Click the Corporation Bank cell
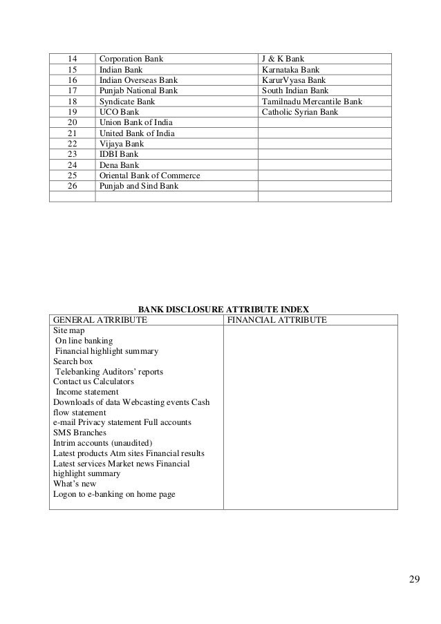pyautogui.click(x=132, y=59)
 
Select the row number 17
pyautogui.click(x=72, y=91)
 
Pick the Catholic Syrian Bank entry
pyautogui.click(x=300, y=112)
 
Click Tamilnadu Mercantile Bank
pyautogui.click(x=312, y=102)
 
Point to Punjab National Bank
pyautogui.click(x=139, y=91)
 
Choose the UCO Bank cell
pyautogui.click(x=120, y=112)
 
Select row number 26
pyautogui.click(x=72, y=186)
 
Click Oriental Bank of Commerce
pyautogui.click(x=150, y=176)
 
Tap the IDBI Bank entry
pyautogui.click(x=119, y=154)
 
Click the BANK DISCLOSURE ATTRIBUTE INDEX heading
pyautogui.click(x=225, y=309)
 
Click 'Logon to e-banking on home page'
pyautogui.click(x=114, y=494)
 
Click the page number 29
pyautogui.click(x=413, y=578)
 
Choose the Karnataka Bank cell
pyautogui.click(x=290, y=70)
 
